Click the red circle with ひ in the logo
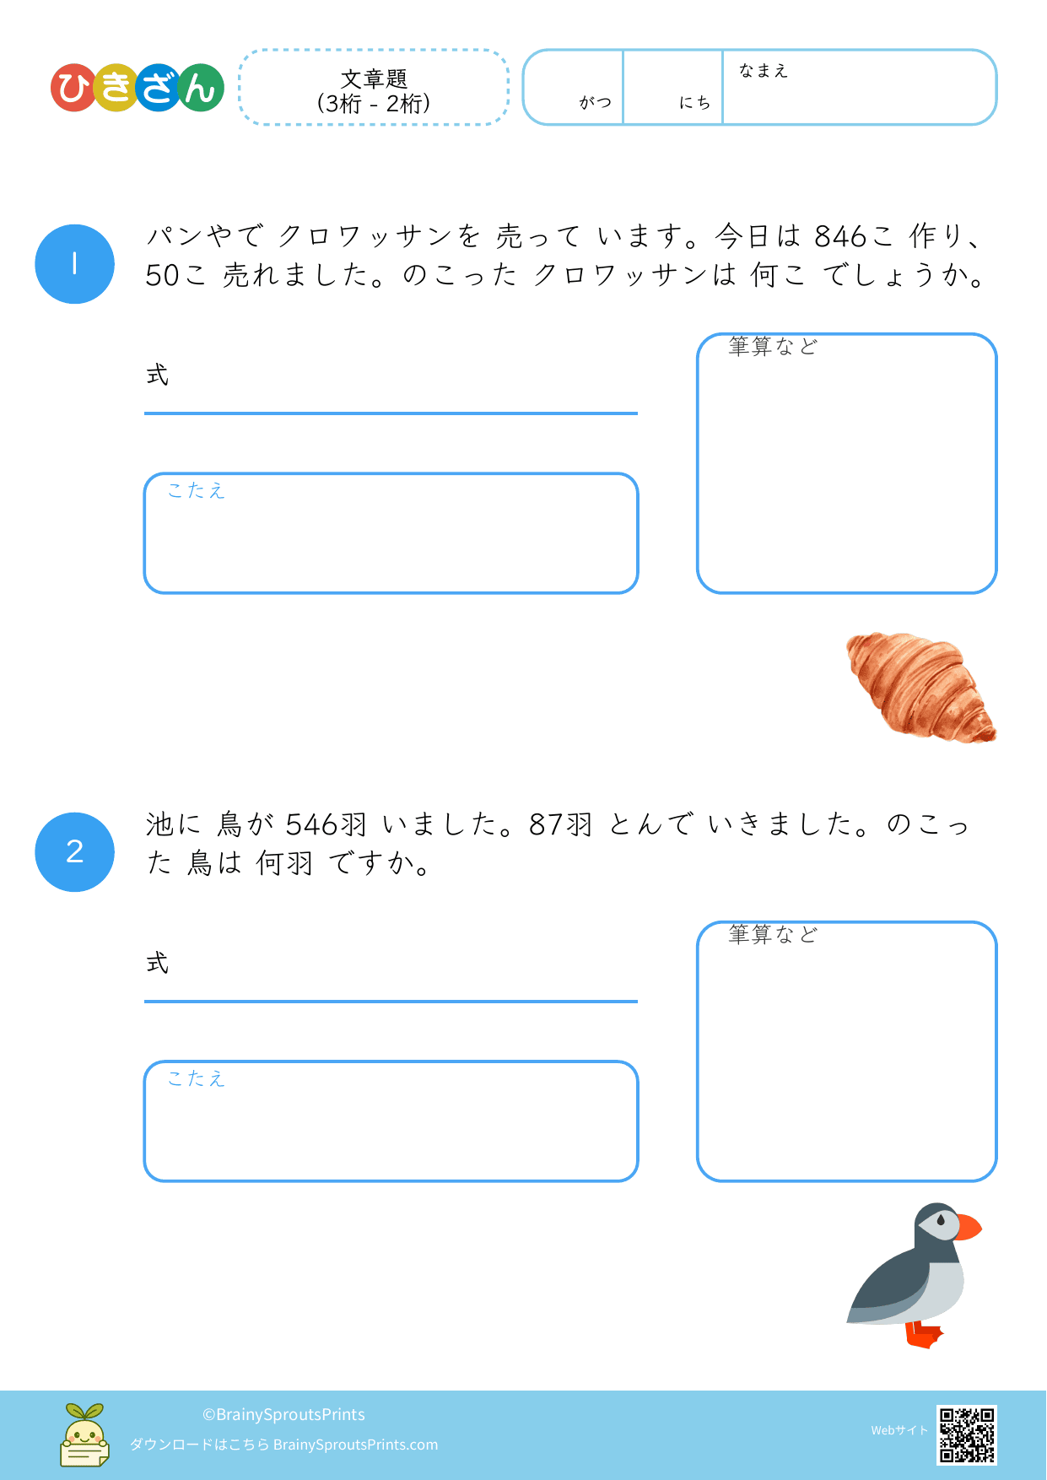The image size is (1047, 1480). (x=74, y=88)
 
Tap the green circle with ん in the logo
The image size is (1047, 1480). (x=200, y=88)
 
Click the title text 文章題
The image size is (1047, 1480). (x=374, y=78)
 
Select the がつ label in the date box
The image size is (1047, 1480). (x=596, y=102)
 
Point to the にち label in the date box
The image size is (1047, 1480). (x=695, y=102)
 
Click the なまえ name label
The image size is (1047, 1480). (x=764, y=71)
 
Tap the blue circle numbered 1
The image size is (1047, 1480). (x=74, y=264)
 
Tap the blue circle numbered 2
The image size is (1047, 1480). (x=74, y=852)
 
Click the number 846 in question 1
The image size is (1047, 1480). (x=841, y=237)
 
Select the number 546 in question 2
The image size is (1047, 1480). (x=313, y=824)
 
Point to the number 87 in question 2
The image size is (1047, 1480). (x=547, y=824)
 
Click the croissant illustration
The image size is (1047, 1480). (x=921, y=687)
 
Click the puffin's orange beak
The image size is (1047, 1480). (x=969, y=1227)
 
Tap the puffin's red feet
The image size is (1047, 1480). (x=925, y=1335)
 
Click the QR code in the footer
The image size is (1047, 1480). (x=967, y=1434)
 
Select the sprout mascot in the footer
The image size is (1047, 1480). (x=84, y=1434)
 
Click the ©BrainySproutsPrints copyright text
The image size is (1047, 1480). (x=283, y=1414)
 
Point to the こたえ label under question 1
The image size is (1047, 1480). (x=197, y=490)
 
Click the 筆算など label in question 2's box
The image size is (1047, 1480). (x=773, y=934)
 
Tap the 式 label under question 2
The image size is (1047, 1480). (x=158, y=963)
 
